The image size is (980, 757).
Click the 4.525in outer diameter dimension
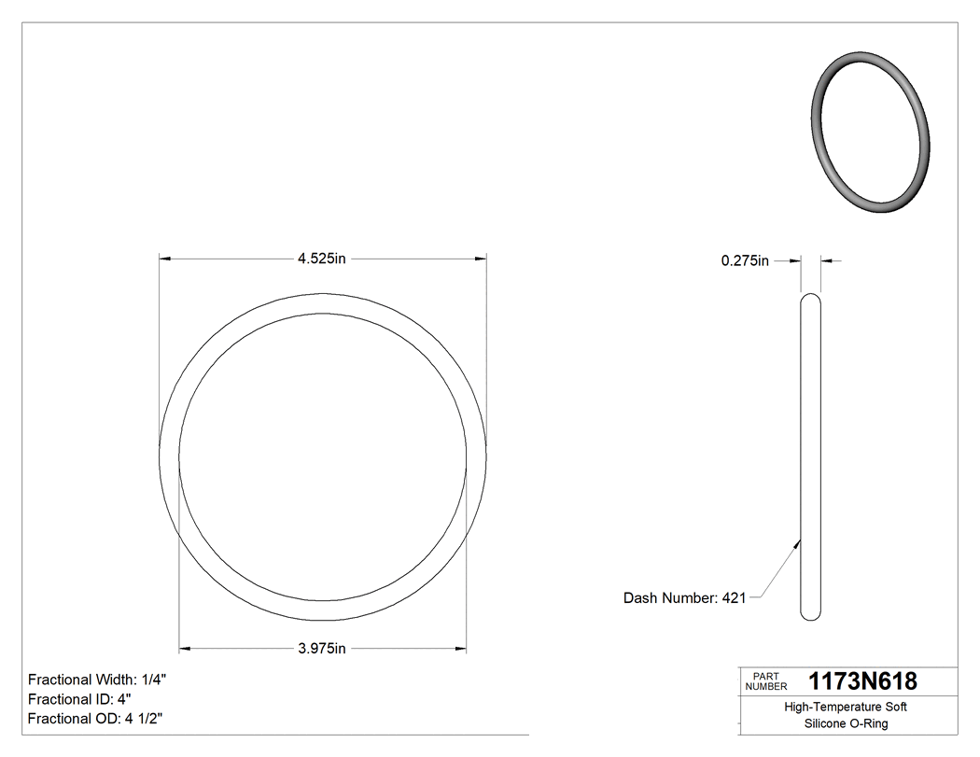322,259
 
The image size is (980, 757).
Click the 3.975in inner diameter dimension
322,649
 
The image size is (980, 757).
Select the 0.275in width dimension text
744,261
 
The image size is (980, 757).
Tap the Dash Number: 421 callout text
684,598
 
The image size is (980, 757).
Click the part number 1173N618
862,681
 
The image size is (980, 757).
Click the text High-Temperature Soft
845,708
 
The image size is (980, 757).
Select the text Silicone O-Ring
845,724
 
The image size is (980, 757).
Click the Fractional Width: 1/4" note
98,680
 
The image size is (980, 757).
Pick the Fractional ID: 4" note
80,699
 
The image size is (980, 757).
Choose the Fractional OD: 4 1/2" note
98,719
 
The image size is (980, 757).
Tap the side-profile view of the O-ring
811,457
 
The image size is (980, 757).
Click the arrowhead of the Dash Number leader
799,540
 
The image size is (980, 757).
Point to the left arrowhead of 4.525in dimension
165,259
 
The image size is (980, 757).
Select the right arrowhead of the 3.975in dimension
461,648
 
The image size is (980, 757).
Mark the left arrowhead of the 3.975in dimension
185,648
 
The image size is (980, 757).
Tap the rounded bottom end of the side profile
811,614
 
